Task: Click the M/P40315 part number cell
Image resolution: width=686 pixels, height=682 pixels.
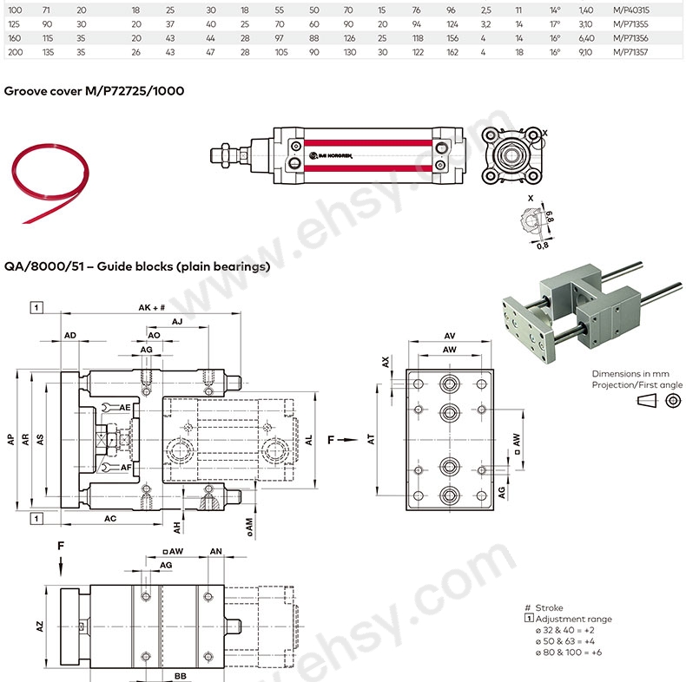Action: click(630, 10)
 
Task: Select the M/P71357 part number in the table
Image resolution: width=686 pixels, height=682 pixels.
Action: click(630, 52)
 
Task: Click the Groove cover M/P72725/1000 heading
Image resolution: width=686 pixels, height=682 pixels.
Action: click(94, 90)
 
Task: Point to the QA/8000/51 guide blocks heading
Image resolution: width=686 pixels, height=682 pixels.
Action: click(137, 266)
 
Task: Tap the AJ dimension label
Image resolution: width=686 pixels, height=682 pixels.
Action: click(177, 322)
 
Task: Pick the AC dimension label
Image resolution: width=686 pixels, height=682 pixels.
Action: click(110, 518)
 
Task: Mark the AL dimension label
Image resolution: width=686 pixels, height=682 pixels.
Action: click(308, 441)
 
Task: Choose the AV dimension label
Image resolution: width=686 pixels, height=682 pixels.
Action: click(450, 336)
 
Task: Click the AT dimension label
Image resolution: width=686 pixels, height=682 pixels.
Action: click(371, 441)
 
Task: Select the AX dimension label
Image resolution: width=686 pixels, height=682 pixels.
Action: click(386, 360)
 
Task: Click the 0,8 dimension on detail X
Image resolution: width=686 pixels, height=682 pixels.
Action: click(542, 245)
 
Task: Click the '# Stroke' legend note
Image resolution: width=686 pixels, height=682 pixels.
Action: click(545, 608)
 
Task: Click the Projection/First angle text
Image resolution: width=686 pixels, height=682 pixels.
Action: click(637, 384)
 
